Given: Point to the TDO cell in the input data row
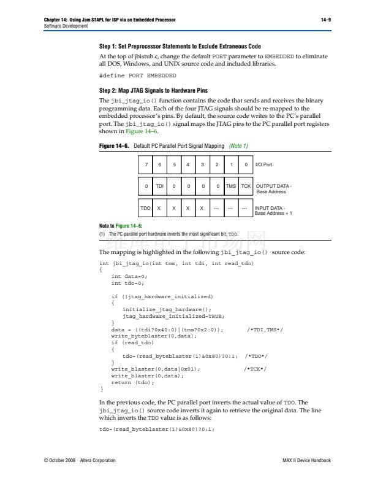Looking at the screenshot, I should [145, 208].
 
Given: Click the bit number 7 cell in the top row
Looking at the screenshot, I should [145, 165].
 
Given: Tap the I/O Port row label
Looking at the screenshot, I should [263, 165].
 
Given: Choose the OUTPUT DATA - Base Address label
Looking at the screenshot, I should [273, 188].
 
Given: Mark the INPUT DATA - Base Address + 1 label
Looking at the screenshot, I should [273, 210].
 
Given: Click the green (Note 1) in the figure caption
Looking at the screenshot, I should [238, 146].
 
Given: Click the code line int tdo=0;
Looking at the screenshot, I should [127, 283].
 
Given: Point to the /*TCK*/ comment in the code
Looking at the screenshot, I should [255, 369].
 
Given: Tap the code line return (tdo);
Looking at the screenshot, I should [132, 382].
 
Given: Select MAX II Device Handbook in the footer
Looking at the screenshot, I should [306, 460].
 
